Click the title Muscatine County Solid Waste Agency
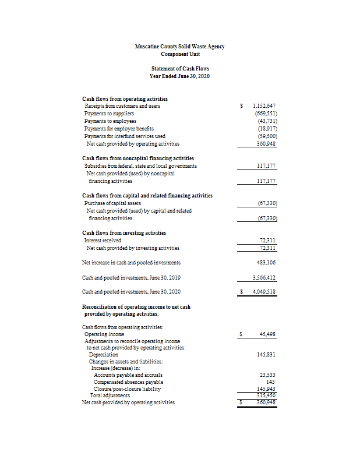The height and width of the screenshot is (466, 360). pos(179,47)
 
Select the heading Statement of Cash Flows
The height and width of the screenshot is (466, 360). pos(179,69)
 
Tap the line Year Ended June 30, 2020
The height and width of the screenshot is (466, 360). pos(179,76)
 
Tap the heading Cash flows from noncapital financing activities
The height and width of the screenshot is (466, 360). pos(138,158)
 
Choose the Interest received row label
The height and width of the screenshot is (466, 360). pos(103,240)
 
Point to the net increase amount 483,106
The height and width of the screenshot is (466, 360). pos(266,263)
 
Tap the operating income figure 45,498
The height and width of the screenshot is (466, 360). pos(267,334)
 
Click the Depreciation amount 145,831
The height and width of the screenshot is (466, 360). pos(266,354)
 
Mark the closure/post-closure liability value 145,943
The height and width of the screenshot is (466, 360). pos(266,389)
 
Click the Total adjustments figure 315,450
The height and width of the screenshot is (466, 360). pos(266,395)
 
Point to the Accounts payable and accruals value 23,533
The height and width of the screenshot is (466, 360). pos(267,375)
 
